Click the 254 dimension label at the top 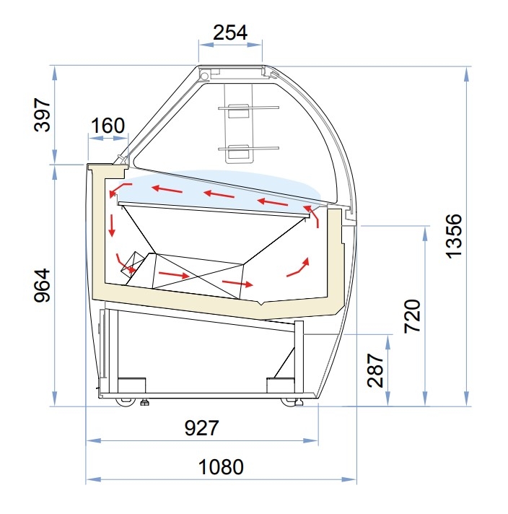(230, 32)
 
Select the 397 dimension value (43, 115)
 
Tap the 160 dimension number (108, 125)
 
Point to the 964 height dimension (43, 285)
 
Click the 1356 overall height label (455, 236)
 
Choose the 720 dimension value (412, 316)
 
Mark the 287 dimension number (375, 370)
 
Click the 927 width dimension (201, 428)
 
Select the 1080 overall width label (221, 467)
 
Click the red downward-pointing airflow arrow (112, 225)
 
